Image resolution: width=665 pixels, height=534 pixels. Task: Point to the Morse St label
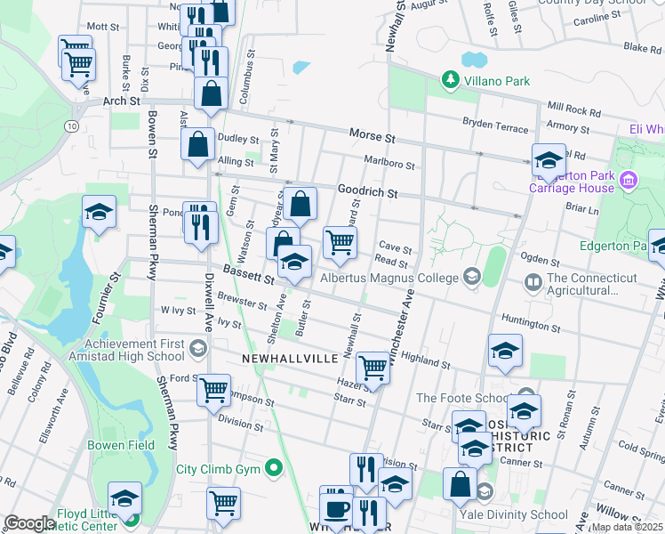371,138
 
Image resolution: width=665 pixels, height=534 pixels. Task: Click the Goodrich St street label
366,190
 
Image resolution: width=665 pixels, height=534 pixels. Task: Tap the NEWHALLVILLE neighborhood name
290,358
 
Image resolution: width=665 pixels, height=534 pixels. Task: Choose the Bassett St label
247,273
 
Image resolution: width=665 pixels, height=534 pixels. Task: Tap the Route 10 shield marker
70,126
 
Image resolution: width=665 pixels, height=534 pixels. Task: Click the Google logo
29,523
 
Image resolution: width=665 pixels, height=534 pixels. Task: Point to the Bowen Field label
121,445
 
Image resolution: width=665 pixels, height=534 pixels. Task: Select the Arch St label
121,101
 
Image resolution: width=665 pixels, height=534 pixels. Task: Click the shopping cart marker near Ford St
214,389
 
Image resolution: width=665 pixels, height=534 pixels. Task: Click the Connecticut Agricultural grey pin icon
533,284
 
